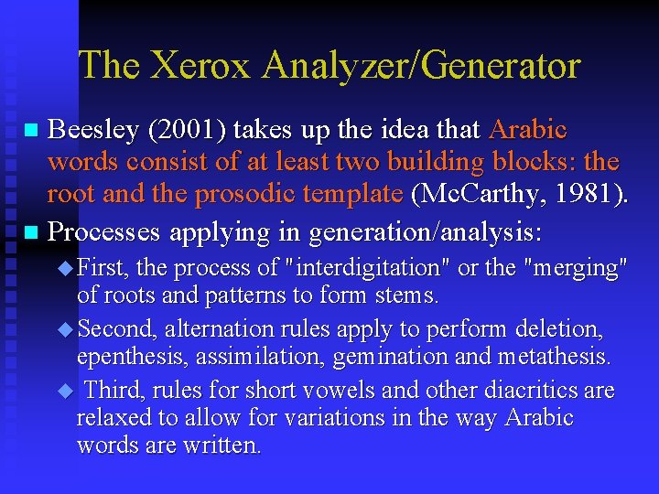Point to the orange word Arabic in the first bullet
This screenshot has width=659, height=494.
coord(528,130)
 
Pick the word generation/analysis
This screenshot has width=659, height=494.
coord(426,233)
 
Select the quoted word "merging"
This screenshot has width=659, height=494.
coord(572,269)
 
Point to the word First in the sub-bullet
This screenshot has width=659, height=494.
coord(103,269)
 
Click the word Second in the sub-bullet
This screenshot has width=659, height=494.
coord(115,328)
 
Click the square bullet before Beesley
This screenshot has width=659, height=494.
coord(32,131)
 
